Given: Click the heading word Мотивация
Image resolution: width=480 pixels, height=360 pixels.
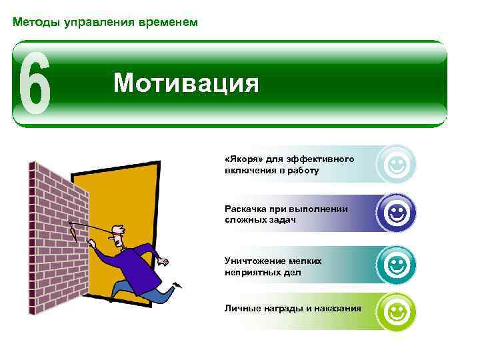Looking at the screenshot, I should point(185,84).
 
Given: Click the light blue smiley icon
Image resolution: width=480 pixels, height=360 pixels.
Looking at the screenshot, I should point(396,164).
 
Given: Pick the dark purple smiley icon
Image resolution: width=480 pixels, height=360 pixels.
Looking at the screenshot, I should point(396,213).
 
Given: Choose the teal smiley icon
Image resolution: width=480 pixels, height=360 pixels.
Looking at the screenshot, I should point(396,264).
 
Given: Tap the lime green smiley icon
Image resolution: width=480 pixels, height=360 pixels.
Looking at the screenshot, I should point(396,311).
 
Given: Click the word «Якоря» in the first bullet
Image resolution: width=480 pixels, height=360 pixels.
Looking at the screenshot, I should point(243,159).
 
